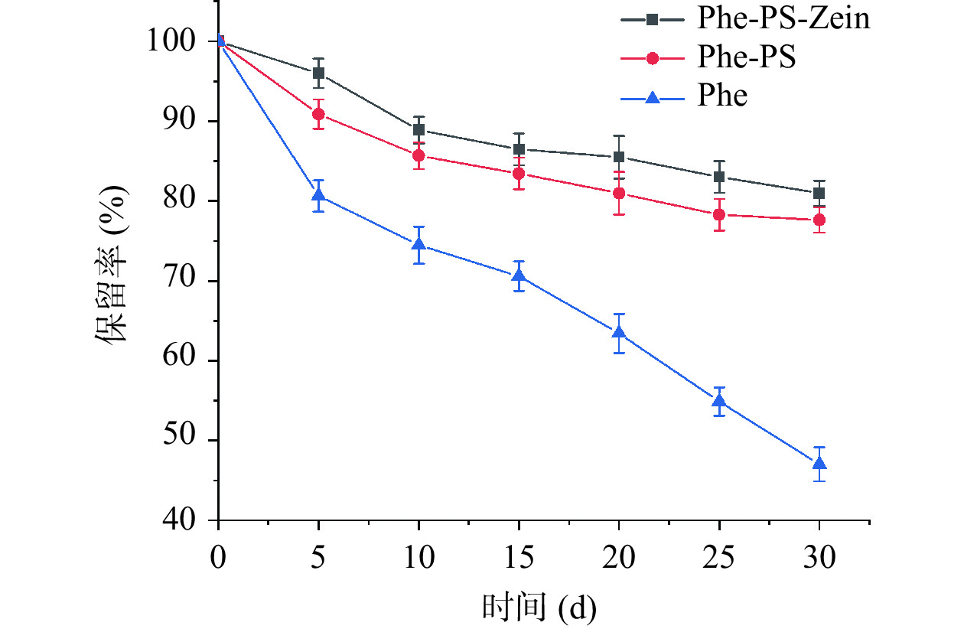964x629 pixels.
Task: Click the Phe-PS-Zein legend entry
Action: pyautogui.click(x=783, y=18)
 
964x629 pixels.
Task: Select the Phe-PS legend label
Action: pyautogui.click(x=746, y=57)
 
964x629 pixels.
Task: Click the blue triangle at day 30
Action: pyautogui.click(x=819, y=464)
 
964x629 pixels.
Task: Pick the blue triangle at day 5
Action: pyautogui.click(x=319, y=196)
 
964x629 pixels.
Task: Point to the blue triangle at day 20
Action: pyautogui.click(x=619, y=333)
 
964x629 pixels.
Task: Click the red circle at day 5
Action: pyautogui.click(x=319, y=114)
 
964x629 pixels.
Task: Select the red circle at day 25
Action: pyautogui.click(x=719, y=215)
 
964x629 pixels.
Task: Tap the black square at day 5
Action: pyautogui.click(x=319, y=73)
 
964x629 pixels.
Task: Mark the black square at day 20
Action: pyautogui.click(x=619, y=157)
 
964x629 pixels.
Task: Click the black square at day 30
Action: pyautogui.click(x=819, y=193)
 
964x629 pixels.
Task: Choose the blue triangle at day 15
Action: pyautogui.click(x=519, y=276)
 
